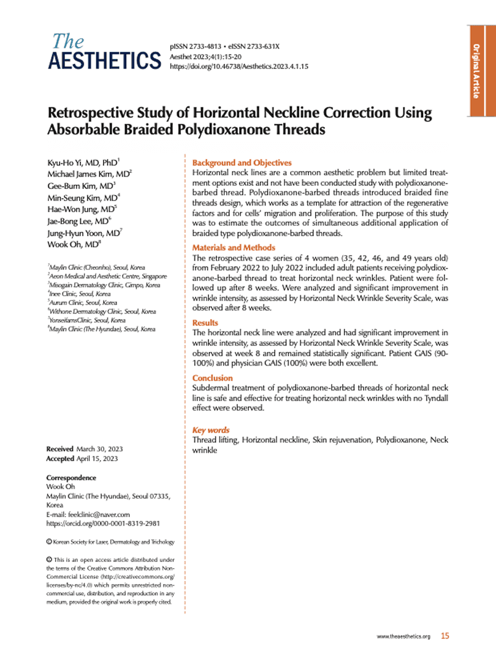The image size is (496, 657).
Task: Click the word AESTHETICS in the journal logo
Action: point(104,61)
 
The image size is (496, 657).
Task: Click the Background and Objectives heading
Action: point(242,163)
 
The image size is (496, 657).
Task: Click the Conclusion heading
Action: point(212,378)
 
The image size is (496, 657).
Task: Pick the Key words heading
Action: point(211,431)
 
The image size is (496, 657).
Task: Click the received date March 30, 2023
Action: point(99,450)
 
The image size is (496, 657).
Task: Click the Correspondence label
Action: point(71,478)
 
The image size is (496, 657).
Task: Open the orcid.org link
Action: point(103,523)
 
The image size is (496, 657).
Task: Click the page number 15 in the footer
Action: point(445,637)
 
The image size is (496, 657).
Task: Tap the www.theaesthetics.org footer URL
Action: point(402,637)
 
